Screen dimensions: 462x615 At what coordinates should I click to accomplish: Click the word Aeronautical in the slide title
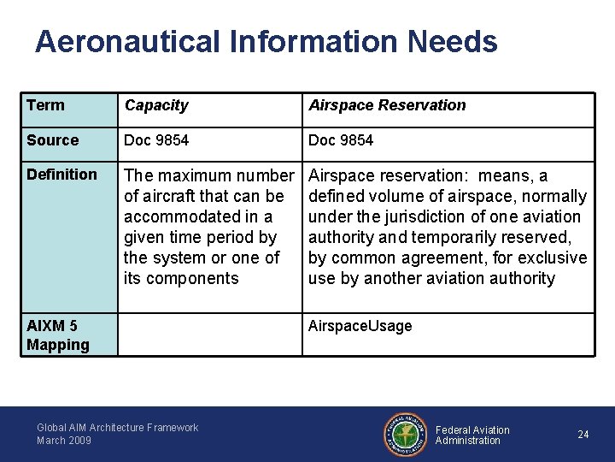pos(128,41)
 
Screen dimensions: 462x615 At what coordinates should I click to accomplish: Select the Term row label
pos(45,105)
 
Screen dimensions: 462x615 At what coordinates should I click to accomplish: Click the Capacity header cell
pos(156,105)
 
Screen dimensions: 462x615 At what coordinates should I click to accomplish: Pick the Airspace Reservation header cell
pos(387,105)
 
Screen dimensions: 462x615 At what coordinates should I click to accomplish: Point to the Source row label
pos(52,140)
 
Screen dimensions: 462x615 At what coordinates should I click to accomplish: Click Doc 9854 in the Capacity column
pos(157,140)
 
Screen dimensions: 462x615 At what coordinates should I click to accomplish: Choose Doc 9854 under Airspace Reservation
pos(341,140)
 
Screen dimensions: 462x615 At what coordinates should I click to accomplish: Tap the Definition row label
pos(61,175)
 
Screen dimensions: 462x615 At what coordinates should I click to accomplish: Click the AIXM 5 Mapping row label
pos(57,335)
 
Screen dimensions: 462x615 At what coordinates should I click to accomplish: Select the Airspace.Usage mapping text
pos(360,326)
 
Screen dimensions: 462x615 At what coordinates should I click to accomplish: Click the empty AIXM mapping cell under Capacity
pos(209,335)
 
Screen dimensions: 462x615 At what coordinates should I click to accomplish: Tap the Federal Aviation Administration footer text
pos(472,435)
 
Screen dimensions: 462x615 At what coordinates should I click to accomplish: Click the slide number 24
pos(583,435)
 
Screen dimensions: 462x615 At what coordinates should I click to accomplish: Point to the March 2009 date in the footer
pos(64,441)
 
